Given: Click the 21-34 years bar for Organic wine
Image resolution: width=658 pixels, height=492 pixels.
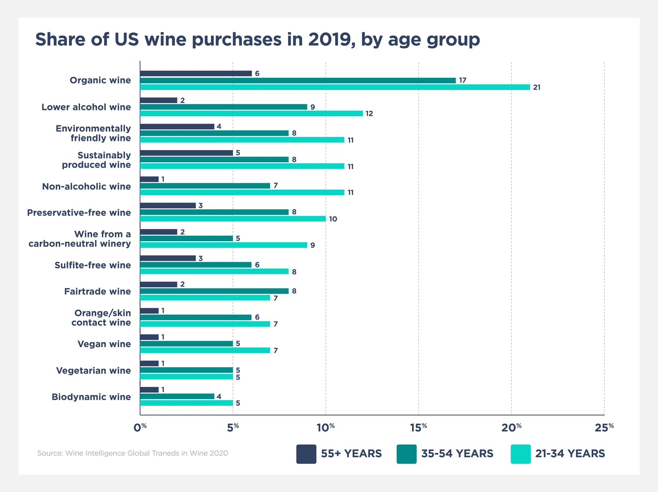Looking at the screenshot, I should (335, 87).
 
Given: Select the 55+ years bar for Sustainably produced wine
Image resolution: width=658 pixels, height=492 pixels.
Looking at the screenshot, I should (186, 153).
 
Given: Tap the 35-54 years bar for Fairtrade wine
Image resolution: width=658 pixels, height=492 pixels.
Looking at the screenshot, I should (214, 291).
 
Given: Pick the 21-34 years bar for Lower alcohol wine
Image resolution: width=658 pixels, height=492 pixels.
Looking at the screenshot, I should (252, 113).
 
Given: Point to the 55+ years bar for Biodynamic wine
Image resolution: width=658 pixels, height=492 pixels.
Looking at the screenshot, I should (149, 390).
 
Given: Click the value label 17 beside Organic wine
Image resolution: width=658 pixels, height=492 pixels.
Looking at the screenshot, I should (462, 80).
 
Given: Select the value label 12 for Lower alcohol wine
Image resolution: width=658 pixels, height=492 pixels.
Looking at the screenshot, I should (369, 114).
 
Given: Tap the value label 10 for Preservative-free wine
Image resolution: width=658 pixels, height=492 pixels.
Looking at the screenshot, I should (333, 219).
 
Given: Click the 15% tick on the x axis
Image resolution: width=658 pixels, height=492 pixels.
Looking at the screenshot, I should (419, 427).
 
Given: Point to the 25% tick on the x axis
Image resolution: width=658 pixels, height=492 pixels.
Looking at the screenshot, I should (604, 427).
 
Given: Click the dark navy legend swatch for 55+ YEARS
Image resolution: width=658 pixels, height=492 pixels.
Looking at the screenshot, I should (306, 454).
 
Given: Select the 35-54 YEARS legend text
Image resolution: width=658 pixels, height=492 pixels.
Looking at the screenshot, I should (457, 454).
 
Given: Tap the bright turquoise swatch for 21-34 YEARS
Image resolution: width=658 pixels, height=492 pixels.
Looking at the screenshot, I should (521, 454).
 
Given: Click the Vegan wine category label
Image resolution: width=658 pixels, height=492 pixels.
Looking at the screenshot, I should (104, 344).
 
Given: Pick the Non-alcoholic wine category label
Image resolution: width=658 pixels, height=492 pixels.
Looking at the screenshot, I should (86, 186).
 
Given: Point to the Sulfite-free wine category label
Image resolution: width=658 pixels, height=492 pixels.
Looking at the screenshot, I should (92, 265).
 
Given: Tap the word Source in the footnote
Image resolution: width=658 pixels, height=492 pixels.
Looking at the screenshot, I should (50, 453).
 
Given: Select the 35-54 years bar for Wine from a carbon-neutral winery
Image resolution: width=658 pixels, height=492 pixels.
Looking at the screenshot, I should (186, 238).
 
